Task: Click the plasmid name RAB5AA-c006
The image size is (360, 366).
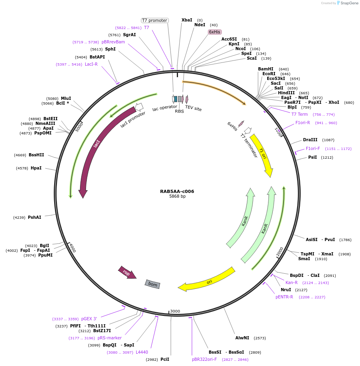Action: point(177,191)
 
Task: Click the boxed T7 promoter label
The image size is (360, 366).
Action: point(155,20)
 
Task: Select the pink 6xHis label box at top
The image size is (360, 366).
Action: point(214,32)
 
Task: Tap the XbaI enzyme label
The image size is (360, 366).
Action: point(187,20)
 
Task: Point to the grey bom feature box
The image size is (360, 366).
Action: point(153,284)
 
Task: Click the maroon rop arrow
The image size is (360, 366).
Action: point(127,273)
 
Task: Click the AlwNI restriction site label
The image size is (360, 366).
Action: point(242,338)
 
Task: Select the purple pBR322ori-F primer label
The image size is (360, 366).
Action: point(204,359)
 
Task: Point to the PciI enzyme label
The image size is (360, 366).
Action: point(165,359)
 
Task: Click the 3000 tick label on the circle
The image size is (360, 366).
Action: point(175,311)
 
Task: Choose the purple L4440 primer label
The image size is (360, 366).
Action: point(142,352)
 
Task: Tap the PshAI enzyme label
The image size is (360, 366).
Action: point(35,217)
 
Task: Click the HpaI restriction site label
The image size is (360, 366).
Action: point(36,168)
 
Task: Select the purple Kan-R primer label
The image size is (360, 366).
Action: point(292,282)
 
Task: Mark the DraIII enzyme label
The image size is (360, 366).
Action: point(310,140)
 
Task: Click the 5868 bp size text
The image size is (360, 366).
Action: point(177,197)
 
